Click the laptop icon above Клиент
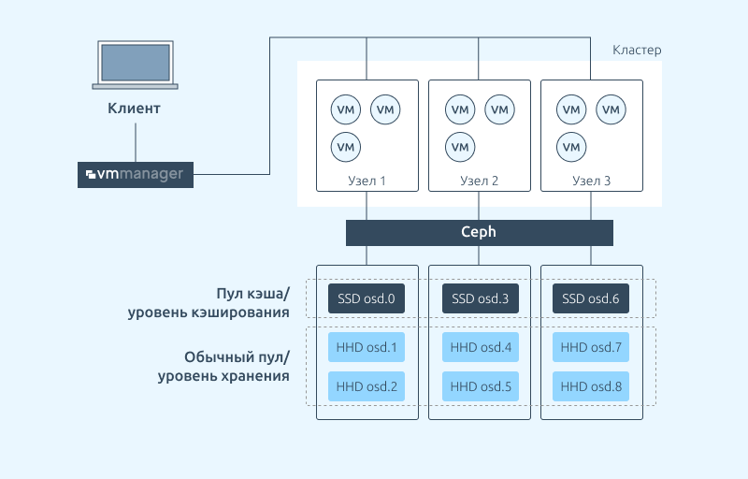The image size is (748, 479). click(135, 65)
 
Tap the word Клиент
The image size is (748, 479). click(134, 109)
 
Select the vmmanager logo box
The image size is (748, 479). click(136, 175)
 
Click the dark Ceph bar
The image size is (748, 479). click(480, 233)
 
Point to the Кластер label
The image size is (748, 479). click(637, 51)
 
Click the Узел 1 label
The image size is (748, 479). click(367, 181)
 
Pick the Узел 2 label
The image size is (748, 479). click(479, 181)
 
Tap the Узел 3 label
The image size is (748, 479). click(592, 181)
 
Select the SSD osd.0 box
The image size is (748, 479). click(367, 298)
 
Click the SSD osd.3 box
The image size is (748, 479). click(481, 298)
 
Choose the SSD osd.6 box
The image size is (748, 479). click(591, 298)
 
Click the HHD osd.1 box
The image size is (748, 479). click(367, 347)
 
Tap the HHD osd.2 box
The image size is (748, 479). click(367, 386)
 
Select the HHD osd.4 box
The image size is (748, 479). click(481, 347)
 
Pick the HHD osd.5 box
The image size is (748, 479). click(481, 386)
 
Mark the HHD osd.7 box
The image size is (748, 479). click(591, 347)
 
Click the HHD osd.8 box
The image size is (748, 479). click(591, 386)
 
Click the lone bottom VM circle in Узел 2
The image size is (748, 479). click(460, 147)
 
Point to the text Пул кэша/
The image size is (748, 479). click(252, 294)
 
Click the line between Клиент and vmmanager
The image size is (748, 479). click(136, 142)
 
